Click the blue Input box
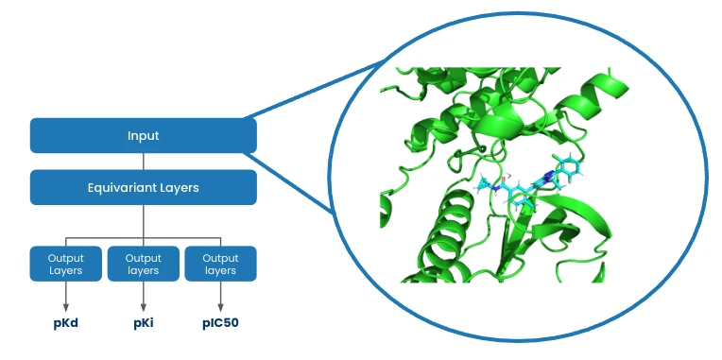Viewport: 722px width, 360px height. pyautogui.click(x=143, y=136)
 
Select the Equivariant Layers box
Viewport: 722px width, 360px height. pyautogui.click(x=143, y=187)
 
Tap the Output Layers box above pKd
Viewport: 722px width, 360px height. pyautogui.click(x=65, y=264)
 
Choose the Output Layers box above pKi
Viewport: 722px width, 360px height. pyautogui.click(x=143, y=264)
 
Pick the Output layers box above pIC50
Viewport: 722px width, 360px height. pyautogui.click(x=220, y=264)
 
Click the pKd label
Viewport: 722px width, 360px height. pyautogui.click(x=65, y=322)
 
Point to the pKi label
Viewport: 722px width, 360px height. pyautogui.click(x=143, y=322)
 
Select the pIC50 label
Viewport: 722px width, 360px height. pyautogui.click(x=221, y=322)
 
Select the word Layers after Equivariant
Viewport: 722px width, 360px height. pyautogui.click(x=179, y=187)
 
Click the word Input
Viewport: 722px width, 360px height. pyautogui.click(x=143, y=136)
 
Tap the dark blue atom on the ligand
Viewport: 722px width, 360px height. pyautogui.click(x=548, y=176)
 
